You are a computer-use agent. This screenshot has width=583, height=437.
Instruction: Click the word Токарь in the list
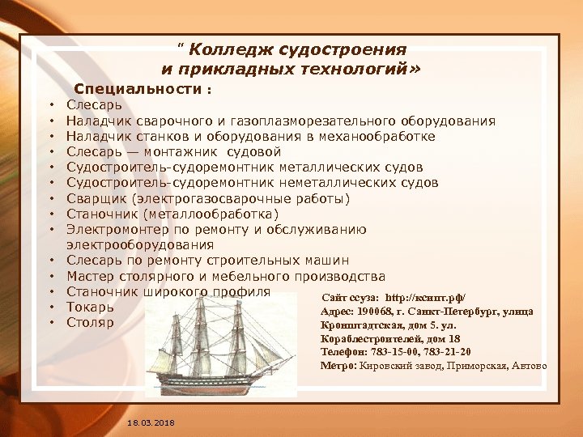point(90,307)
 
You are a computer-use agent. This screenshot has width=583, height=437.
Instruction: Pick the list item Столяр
point(90,322)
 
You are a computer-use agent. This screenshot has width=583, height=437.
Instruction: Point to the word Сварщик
point(96,198)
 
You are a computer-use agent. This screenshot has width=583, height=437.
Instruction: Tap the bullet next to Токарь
point(50,308)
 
